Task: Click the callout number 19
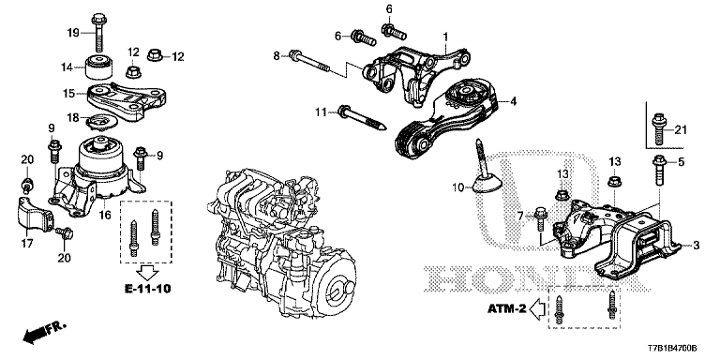(x=72, y=34)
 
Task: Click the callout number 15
(x=68, y=93)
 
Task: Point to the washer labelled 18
(x=99, y=122)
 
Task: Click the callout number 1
(x=445, y=37)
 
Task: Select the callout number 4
(x=513, y=101)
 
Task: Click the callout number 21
(x=682, y=128)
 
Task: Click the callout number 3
(x=695, y=246)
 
